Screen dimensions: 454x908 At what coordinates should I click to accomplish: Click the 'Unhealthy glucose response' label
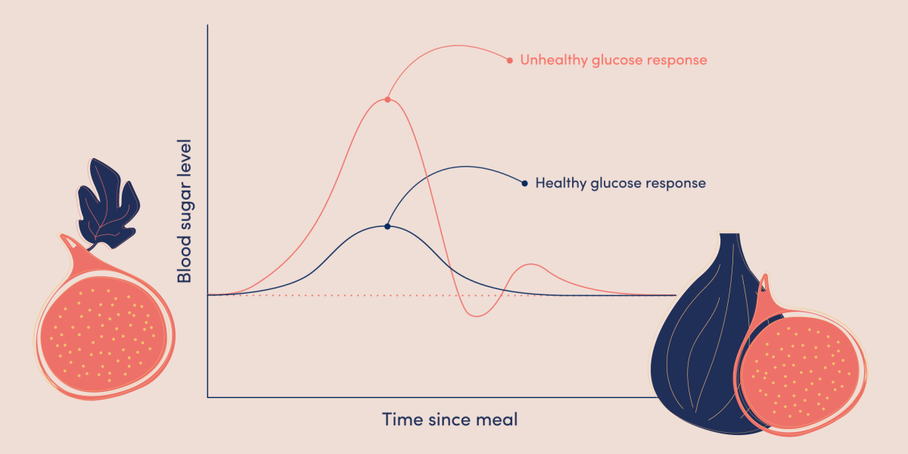614,60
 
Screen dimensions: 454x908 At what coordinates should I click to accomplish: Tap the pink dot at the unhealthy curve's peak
387,99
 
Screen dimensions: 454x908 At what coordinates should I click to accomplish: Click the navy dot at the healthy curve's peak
387,226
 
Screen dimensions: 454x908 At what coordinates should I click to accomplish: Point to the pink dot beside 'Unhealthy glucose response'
510,60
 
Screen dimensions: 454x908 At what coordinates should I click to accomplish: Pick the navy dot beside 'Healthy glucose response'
524,183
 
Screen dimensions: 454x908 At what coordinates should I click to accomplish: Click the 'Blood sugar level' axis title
184,210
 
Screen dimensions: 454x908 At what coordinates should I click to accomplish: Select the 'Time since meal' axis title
449,419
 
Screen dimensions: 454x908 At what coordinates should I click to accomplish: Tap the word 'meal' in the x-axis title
497,419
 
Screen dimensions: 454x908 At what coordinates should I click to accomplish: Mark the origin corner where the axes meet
208,396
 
